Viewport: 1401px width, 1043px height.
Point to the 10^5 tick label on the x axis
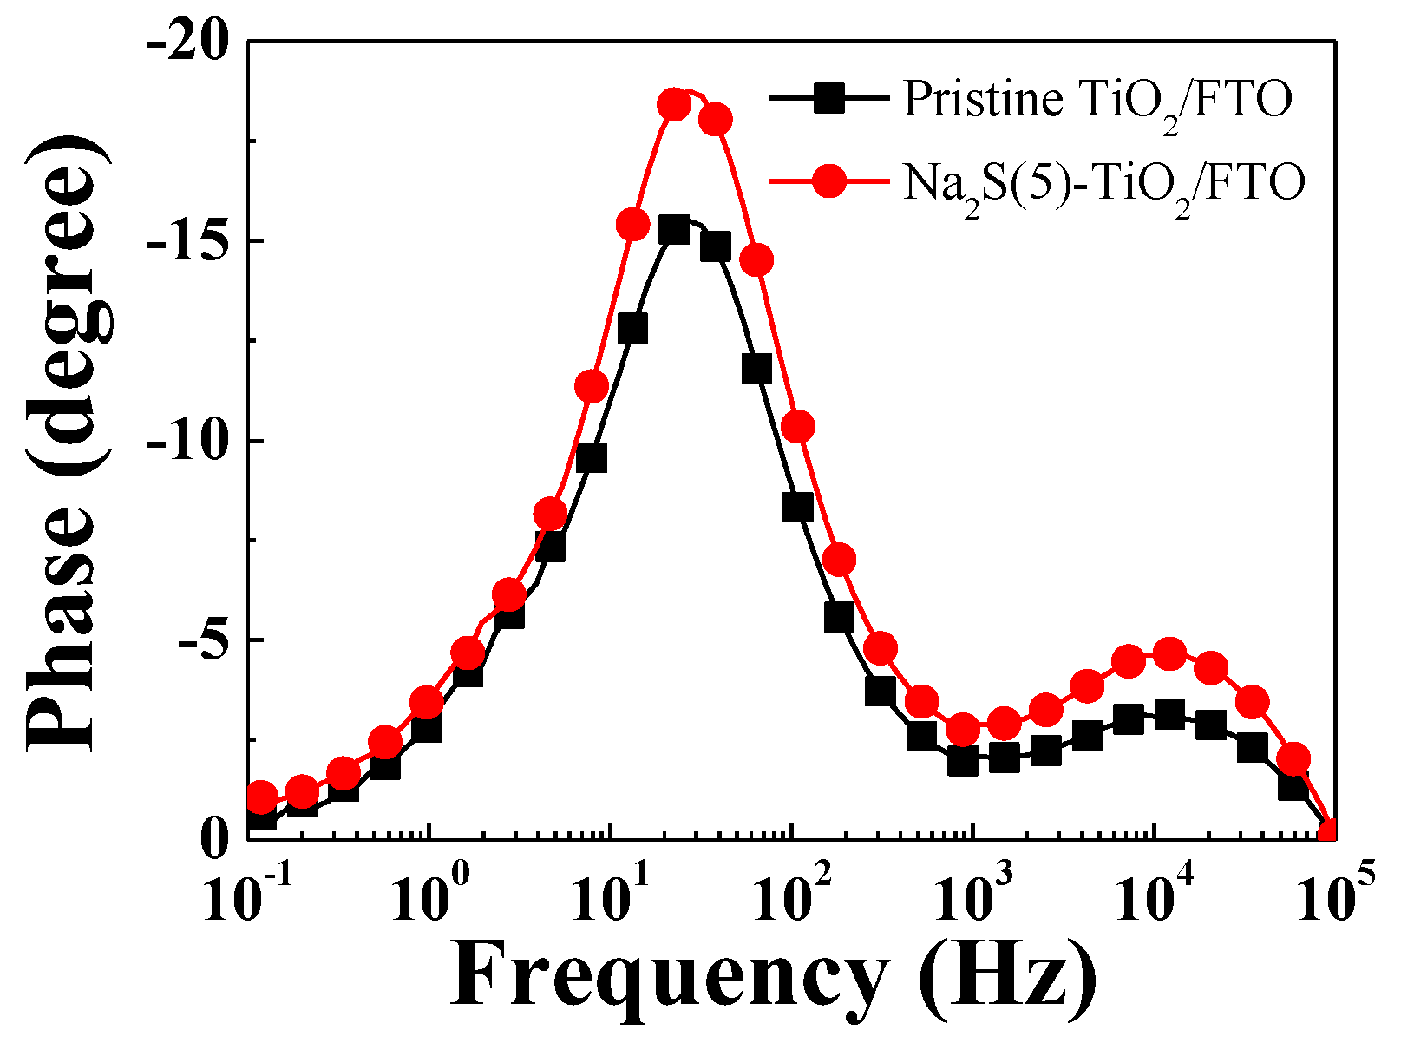pyautogui.click(x=1329, y=895)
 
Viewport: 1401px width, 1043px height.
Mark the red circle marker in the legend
pyautogui.click(x=829, y=181)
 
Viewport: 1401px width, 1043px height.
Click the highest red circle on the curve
pyautogui.click(x=674, y=105)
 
